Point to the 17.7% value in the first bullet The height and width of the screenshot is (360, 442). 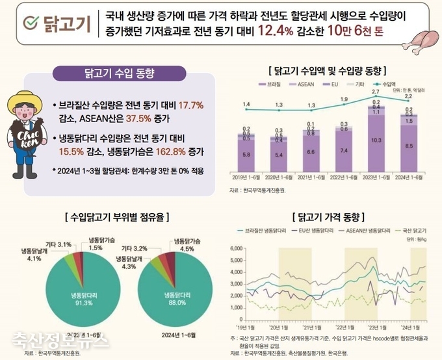coord(190,105)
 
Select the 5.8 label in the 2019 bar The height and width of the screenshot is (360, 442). coord(246,155)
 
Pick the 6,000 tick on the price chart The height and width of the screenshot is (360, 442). coord(236,248)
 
